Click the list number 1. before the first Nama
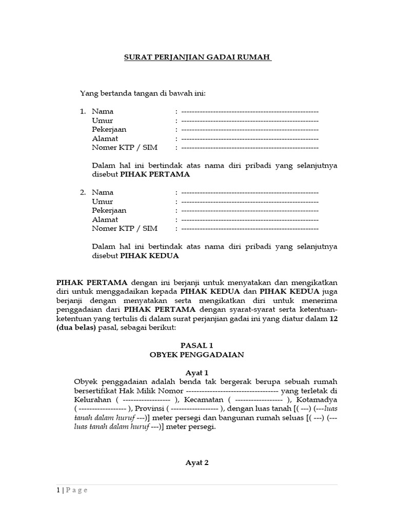click(83, 111)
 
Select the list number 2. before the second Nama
click(83, 192)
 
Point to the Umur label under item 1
click(102, 120)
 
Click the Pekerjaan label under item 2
click(109, 211)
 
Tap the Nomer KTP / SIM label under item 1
click(125, 148)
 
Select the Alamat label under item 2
click(105, 219)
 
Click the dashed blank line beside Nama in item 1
click(249, 111)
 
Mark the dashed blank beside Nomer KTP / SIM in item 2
click(249, 229)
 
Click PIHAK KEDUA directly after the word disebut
click(149, 256)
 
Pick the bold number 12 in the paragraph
click(333, 318)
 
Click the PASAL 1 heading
click(197, 346)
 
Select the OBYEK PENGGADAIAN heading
click(197, 355)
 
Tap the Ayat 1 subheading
click(197, 373)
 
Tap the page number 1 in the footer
click(58, 490)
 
